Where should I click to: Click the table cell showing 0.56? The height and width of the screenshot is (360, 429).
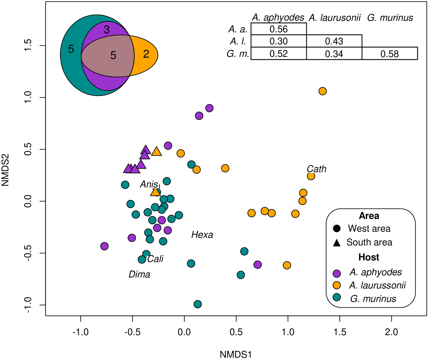tap(278, 29)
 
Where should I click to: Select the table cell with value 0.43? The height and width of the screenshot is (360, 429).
tap(334, 41)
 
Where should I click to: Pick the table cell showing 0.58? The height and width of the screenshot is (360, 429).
tap(389, 54)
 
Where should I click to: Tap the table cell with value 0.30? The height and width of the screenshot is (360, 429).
tap(278, 41)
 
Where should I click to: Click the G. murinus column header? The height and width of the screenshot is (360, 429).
tap(390, 18)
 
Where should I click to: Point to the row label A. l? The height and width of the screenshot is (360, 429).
tap(238, 41)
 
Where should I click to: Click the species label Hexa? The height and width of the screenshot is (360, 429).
tap(202, 235)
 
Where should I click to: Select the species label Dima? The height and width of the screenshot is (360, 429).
tap(139, 274)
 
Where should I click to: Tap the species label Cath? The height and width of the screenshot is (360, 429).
tap(317, 169)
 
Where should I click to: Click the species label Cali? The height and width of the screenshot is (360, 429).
tap(155, 259)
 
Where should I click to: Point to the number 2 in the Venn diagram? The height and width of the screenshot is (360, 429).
tap(146, 54)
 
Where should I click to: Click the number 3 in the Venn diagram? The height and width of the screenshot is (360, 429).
tap(106, 30)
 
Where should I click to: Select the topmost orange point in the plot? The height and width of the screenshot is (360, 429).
tap(323, 91)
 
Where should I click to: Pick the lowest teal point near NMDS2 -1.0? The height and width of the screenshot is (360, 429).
tap(198, 304)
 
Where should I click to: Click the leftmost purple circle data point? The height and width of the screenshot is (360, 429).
tap(104, 246)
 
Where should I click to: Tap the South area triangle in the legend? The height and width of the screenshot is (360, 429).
tap(337, 243)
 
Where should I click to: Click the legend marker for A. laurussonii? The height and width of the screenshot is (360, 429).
tap(337, 285)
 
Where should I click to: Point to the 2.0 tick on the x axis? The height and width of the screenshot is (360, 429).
tap(392, 332)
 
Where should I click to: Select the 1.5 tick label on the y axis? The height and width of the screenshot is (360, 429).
tap(28, 45)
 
